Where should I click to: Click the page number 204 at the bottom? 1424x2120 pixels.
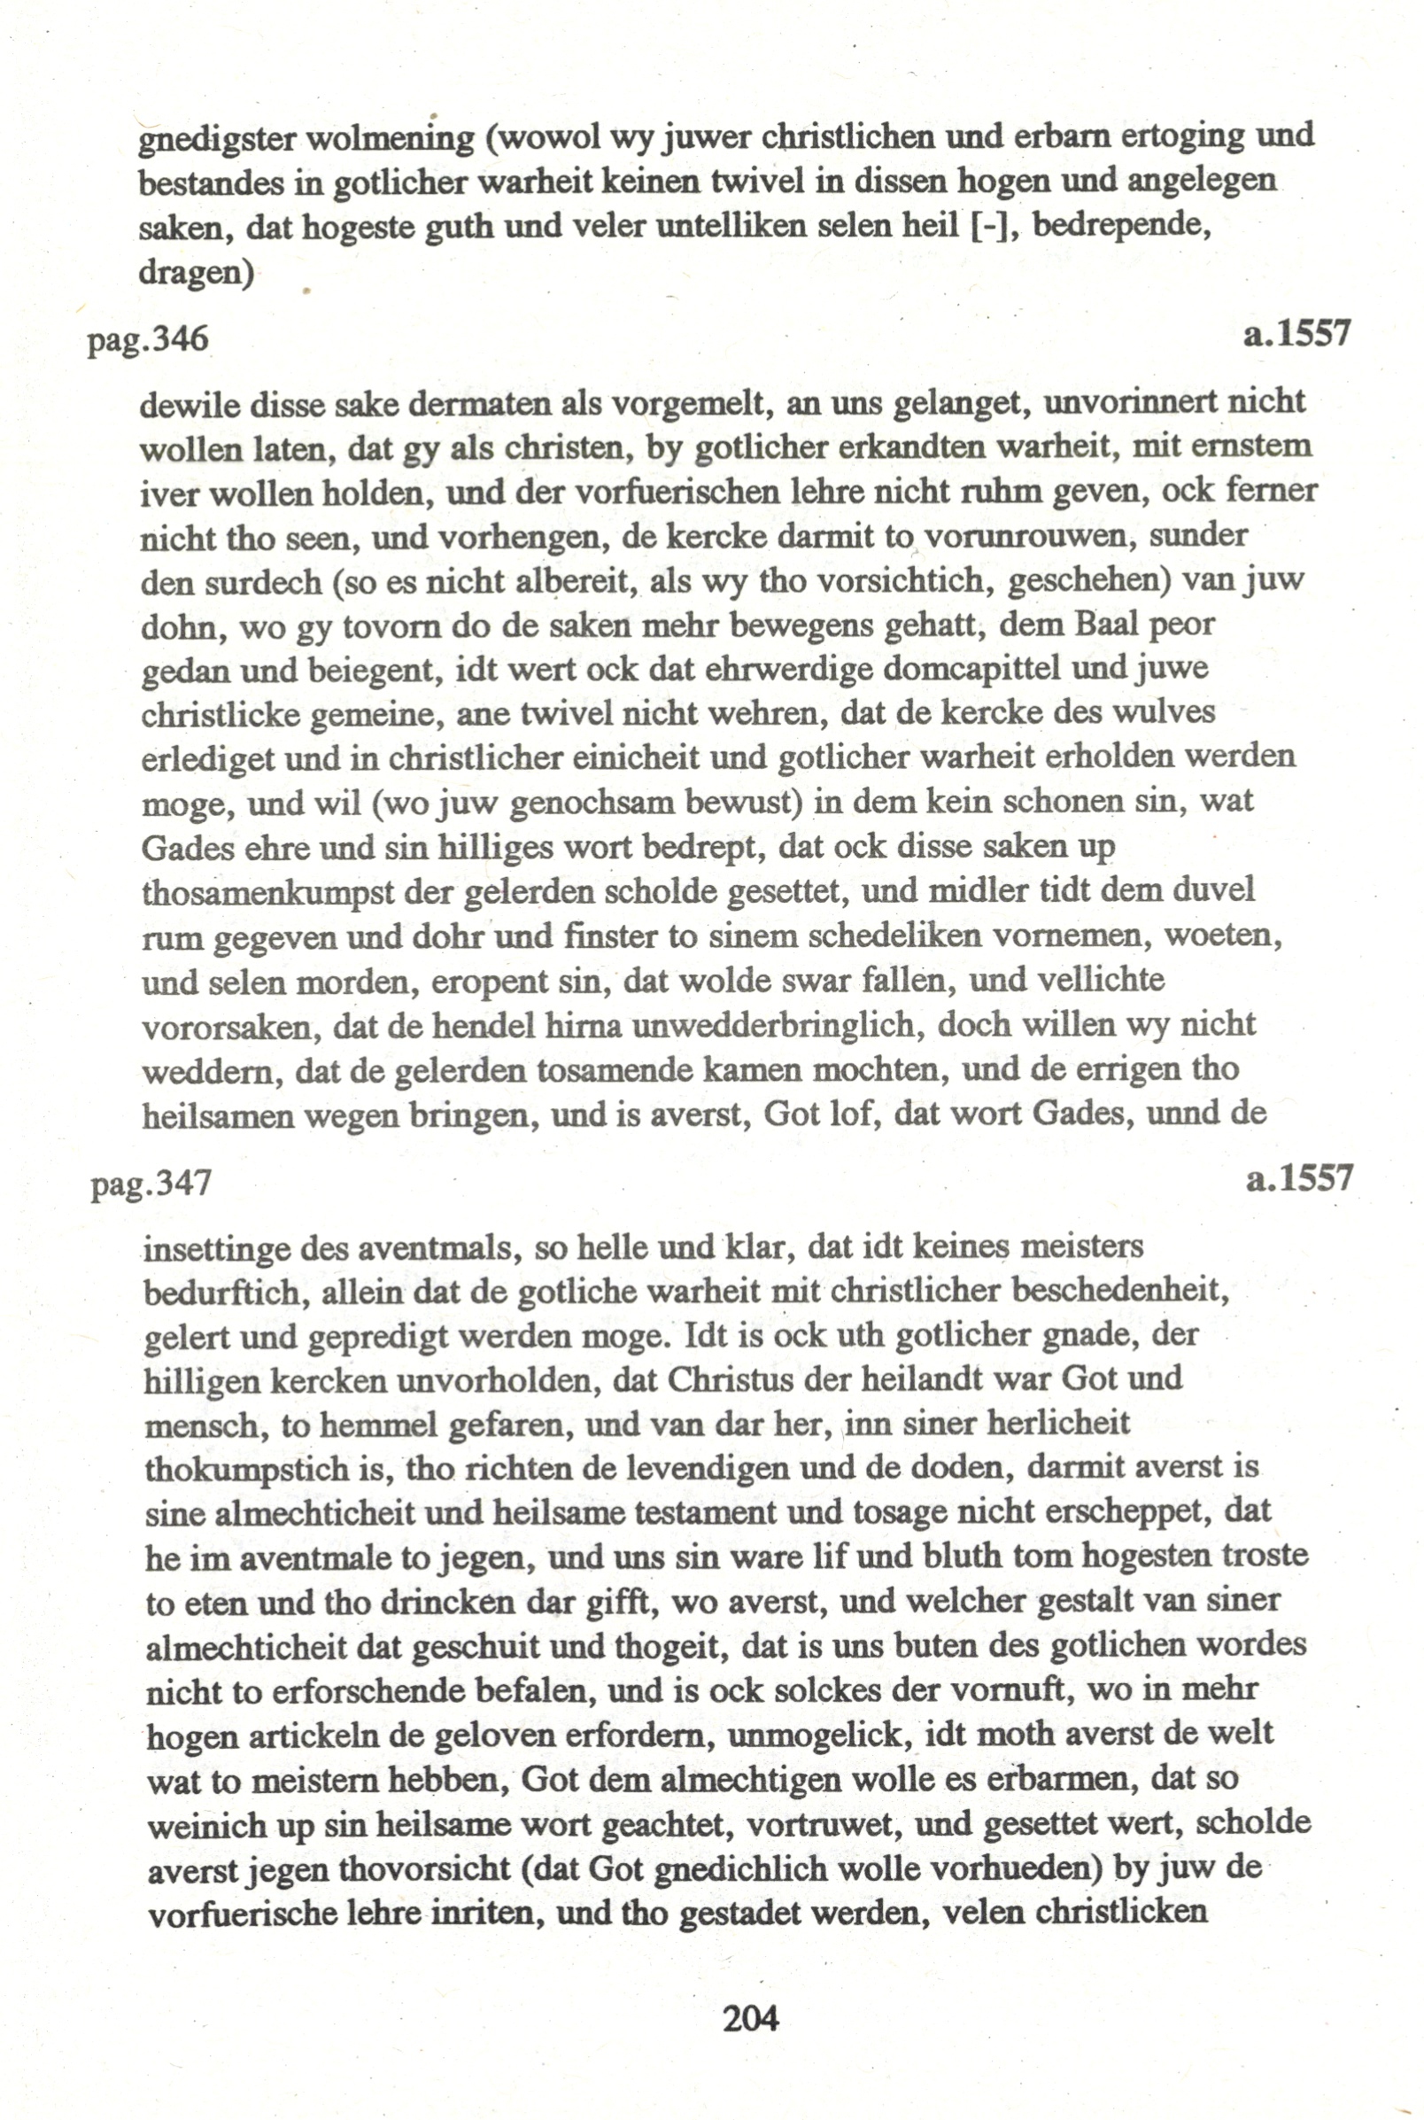coord(751,2018)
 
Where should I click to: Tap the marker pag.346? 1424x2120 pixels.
coord(148,339)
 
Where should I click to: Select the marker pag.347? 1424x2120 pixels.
coord(151,1183)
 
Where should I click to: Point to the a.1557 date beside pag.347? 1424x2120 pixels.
coord(1300,1178)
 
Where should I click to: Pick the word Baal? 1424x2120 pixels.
coord(1108,624)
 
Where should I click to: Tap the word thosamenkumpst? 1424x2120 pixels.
coord(268,892)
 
